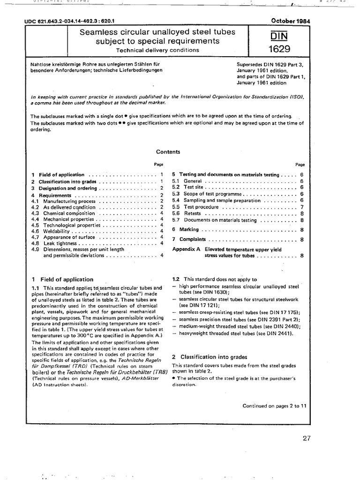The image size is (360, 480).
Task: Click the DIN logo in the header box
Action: pos(279,36)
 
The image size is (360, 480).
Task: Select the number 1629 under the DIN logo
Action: pos(279,49)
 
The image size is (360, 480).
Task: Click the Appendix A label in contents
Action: pos(186,249)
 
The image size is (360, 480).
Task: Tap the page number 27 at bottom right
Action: pos(307,439)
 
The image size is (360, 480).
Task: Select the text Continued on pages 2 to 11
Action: pos(274,406)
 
